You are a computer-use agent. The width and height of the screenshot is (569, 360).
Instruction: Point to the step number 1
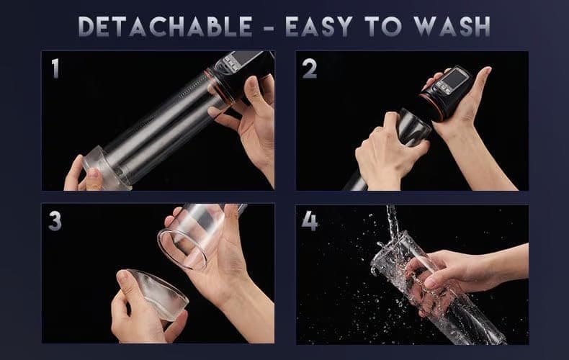(x=55, y=68)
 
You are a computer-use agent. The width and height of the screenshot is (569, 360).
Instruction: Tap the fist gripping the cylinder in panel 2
(x=382, y=148)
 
